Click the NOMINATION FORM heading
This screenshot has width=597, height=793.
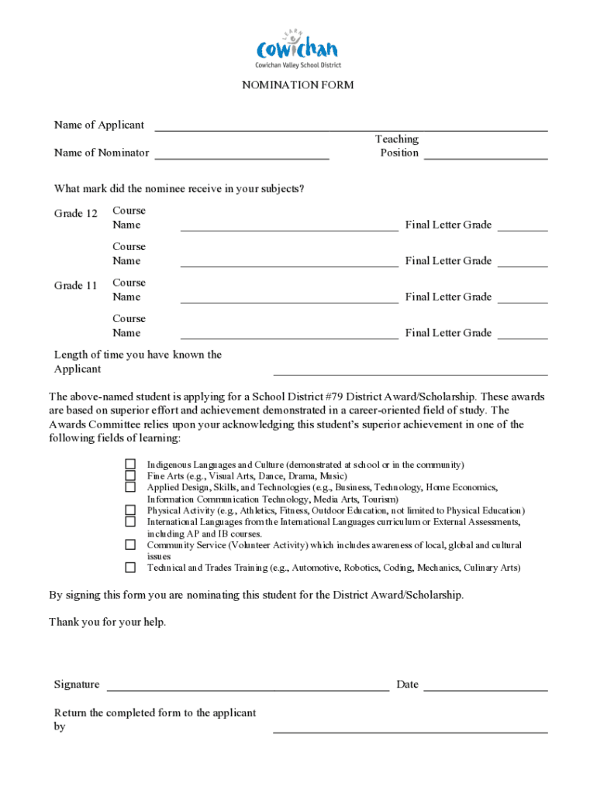pyautogui.click(x=298, y=85)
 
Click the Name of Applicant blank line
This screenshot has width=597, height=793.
pyautogui.click(x=351, y=128)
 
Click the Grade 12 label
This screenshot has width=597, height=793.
pyautogui.click(x=76, y=213)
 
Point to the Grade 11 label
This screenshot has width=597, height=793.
pyautogui.click(x=76, y=286)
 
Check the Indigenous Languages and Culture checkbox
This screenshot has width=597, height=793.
pyautogui.click(x=130, y=465)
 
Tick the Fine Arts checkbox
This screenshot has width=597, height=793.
pyautogui.click(x=130, y=475)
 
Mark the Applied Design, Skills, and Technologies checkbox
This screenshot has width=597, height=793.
pyautogui.click(x=130, y=487)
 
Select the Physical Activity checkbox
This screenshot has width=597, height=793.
pyautogui.click(x=130, y=510)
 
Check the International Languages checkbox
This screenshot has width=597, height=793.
pyautogui.click(x=130, y=522)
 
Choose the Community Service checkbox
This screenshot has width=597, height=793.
pyautogui.click(x=130, y=544)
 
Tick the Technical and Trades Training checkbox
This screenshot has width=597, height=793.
pyautogui.click(x=130, y=568)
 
